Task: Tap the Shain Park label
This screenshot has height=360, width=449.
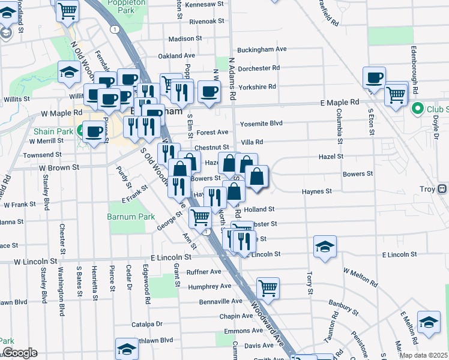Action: [x=52, y=132]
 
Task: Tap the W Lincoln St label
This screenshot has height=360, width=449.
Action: [x=36, y=262]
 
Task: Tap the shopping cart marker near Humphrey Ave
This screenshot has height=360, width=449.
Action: [x=268, y=287]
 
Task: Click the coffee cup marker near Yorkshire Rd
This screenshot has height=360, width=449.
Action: [x=209, y=91]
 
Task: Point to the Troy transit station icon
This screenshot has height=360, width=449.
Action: [x=442, y=189]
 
